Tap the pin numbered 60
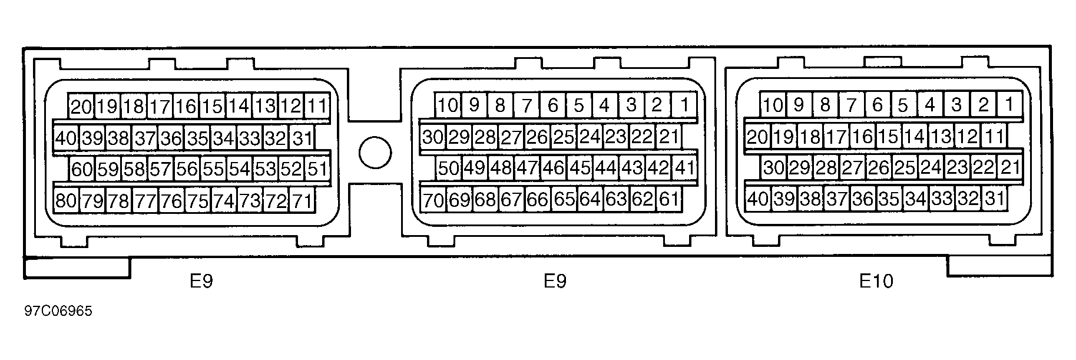pyautogui.click(x=82, y=170)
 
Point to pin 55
pyautogui.click(x=212, y=170)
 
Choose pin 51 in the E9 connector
pyautogui.click(x=317, y=170)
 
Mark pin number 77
pyautogui.click(x=145, y=202)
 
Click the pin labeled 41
pyautogui.click(x=684, y=168)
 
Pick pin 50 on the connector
pyautogui.click(x=448, y=168)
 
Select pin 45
pyautogui.click(x=580, y=168)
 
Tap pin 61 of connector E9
pyautogui.click(x=668, y=200)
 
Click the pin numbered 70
pyautogui.click(x=433, y=200)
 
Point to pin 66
pyautogui.click(x=537, y=200)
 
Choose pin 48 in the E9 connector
pyautogui.click(x=501, y=168)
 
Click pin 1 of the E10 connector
pyautogui.click(x=1009, y=105)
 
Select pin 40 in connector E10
pyautogui.click(x=757, y=199)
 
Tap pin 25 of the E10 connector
pyautogui.click(x=904, y=168)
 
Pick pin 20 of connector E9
pyautogui.click(x=82, y=107)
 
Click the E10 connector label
pyautogui.click(x=876, y=281)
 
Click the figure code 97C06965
pyautogui.click(x=58, y=311)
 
